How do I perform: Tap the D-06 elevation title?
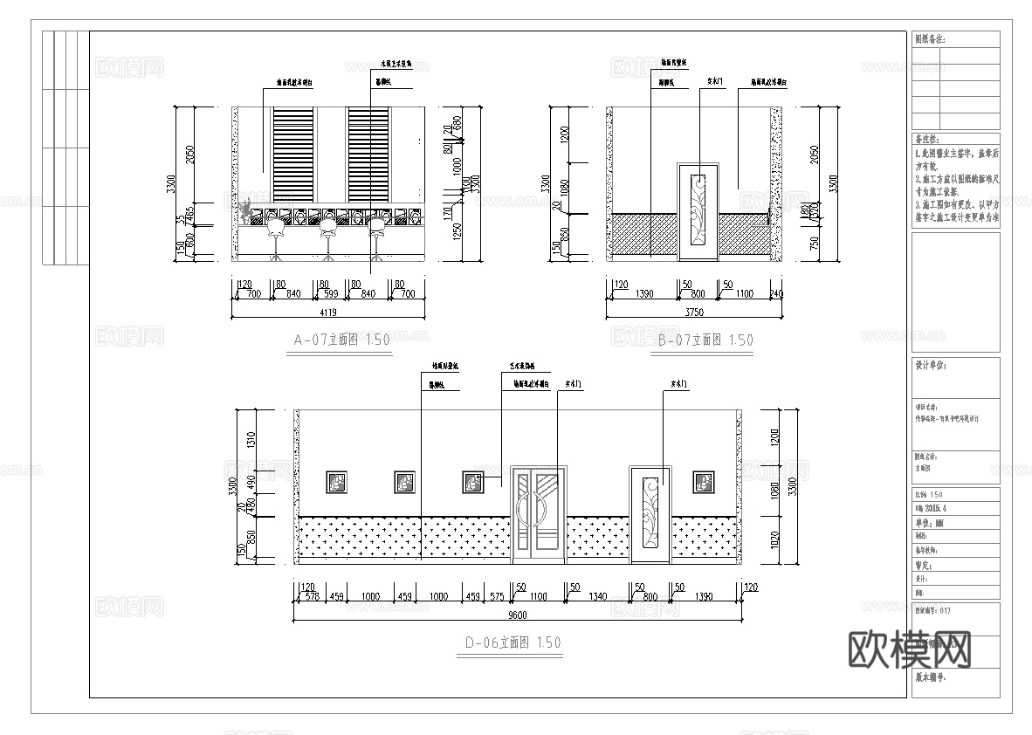(x=513, y=642)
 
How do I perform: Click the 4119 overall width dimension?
(x=328, y=312)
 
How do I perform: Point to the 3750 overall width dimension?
(x=694, y=312)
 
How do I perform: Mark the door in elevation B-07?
(x=698, y=211)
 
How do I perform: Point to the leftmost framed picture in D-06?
(x=337, y=481)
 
